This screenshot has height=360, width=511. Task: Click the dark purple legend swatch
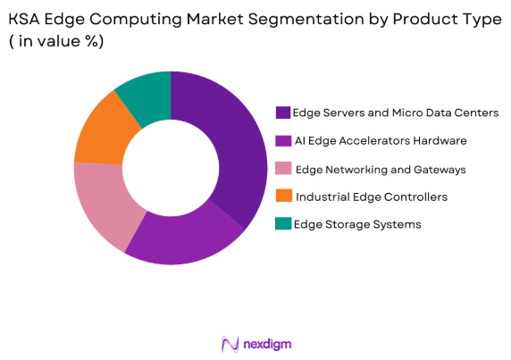283,113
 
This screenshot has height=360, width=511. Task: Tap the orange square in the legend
283,197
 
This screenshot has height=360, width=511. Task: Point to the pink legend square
283,169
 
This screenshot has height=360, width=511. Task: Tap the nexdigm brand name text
267,344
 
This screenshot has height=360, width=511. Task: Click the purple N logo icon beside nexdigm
230,344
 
